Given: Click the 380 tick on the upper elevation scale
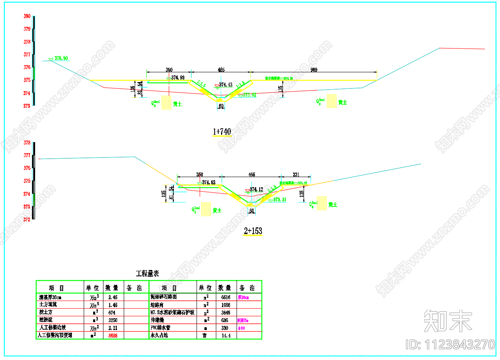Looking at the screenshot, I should click(x=27, y=16).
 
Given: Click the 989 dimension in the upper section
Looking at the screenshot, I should click(x=313, y=70).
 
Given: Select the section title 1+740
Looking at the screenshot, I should click(x=222, y=131).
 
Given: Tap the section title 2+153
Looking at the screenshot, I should click(x=253, y=231).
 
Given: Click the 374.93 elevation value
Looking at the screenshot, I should click(x=178, y=78).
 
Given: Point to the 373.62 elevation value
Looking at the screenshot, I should click(x=249, y=95).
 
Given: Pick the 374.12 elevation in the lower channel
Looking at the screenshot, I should click(x=256, y=189).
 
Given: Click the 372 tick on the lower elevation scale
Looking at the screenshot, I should click(x=27, y=219).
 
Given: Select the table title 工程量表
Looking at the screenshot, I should click(x=148, y=274).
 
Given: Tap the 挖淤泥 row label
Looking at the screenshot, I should click(x=45, y=320).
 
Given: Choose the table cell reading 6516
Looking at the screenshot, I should click(x=226, y=297).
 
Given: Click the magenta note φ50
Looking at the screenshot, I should click(x=241, y=328).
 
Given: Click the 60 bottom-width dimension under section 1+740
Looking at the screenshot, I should click(x=221, y=106).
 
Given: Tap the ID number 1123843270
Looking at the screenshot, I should click(x=450, y=344).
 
